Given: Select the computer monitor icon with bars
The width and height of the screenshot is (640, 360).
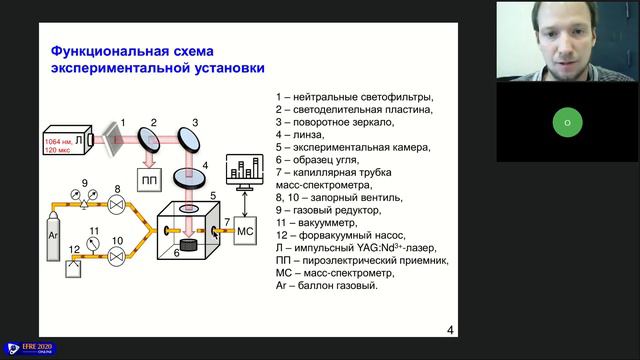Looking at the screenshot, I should [247, 172].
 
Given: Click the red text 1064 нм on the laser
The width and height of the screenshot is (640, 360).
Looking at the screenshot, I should [58, 143].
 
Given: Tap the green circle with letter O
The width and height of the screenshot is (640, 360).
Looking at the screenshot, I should [567, 123].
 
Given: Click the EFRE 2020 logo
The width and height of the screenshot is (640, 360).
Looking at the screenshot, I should [31, 348].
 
